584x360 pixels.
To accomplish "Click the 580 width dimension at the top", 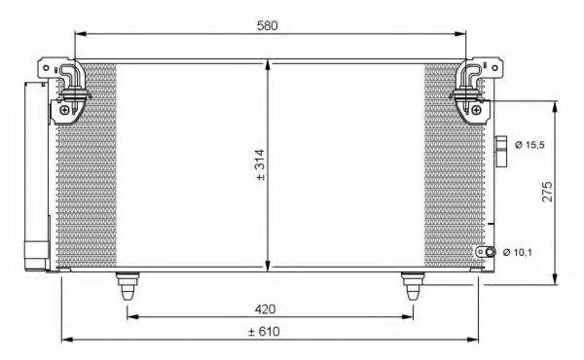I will pos(268,25).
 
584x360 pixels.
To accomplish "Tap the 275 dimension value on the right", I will pos(547,191).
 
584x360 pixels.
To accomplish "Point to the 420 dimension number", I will pos(266,309).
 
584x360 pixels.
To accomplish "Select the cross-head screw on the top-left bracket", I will pos(64,109).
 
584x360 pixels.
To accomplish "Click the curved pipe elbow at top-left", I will pos(70,78).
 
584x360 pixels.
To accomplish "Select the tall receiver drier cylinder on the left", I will pos(36,175).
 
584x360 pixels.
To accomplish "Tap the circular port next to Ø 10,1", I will pos(492,253).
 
